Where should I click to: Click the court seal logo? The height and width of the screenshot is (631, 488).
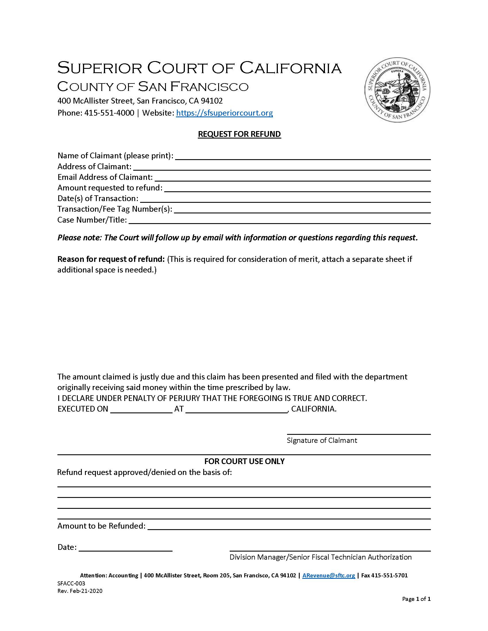397,89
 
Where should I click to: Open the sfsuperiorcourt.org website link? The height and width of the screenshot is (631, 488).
224,113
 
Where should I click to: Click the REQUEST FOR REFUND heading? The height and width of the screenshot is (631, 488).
239,134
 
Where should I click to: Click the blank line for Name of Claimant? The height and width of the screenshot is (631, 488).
303,157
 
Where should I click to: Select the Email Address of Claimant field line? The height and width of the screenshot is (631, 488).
293,178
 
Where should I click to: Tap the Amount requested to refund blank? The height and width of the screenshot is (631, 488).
297,189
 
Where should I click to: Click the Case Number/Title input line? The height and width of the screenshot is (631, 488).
280,221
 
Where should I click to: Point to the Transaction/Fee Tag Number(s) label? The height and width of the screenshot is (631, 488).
115,209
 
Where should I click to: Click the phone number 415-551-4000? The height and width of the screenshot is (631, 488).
109,113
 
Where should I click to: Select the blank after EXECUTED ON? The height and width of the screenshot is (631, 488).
141,411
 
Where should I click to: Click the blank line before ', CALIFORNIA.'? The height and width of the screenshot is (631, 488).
236,411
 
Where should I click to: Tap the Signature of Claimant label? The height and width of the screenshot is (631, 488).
322,440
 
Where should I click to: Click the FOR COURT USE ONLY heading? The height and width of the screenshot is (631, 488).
244,461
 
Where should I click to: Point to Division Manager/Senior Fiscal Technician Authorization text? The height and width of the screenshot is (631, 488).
320,557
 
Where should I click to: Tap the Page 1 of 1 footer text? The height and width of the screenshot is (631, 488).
416,599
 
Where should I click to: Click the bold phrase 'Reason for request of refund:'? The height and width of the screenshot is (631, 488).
111,259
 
